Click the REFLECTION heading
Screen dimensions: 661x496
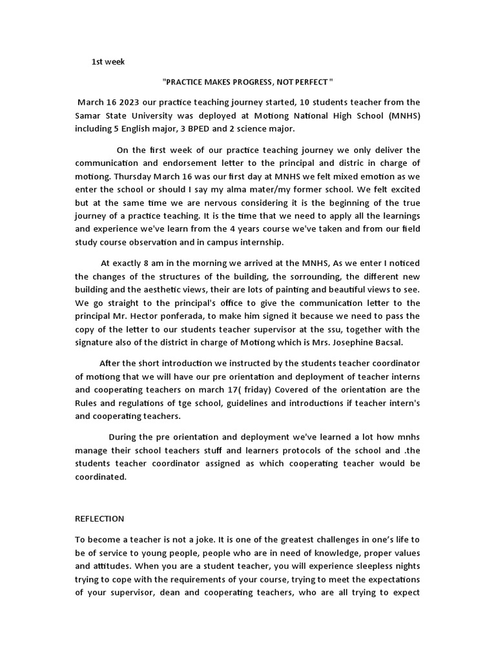99,518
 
